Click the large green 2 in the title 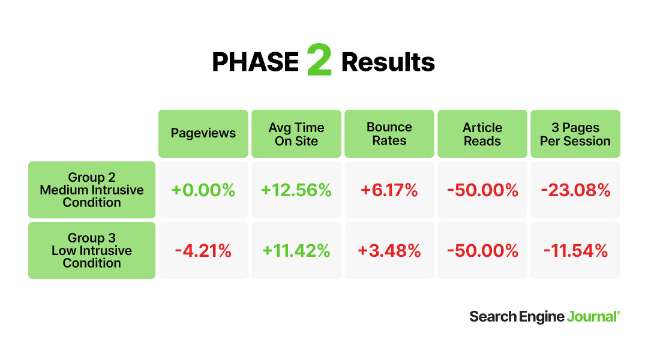click(x=319, y=60)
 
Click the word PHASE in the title click(x=255, y=62)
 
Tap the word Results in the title click(x=388, y=62)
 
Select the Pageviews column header click(x=203, y=134)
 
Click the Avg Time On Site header click(x=296, y=134)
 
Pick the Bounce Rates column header click(x=389, y=134)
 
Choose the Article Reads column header click(x=482, y=134)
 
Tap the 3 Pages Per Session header click(x=575, y=134)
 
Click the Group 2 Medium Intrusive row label click(x=92, y=190)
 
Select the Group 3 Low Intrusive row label click(x=92, y=250)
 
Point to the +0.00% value click(x=203, y=190)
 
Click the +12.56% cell click(x=296, y=190)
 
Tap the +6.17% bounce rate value click(x=389, y=190)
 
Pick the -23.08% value click(x=575, y=190)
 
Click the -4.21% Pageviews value click(x=203, y=251)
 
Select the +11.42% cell click(x=296, y=251)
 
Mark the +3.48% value click(x=389, y=251)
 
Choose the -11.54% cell click(x=575, y=251)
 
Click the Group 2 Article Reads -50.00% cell click(x=482, y=190)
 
